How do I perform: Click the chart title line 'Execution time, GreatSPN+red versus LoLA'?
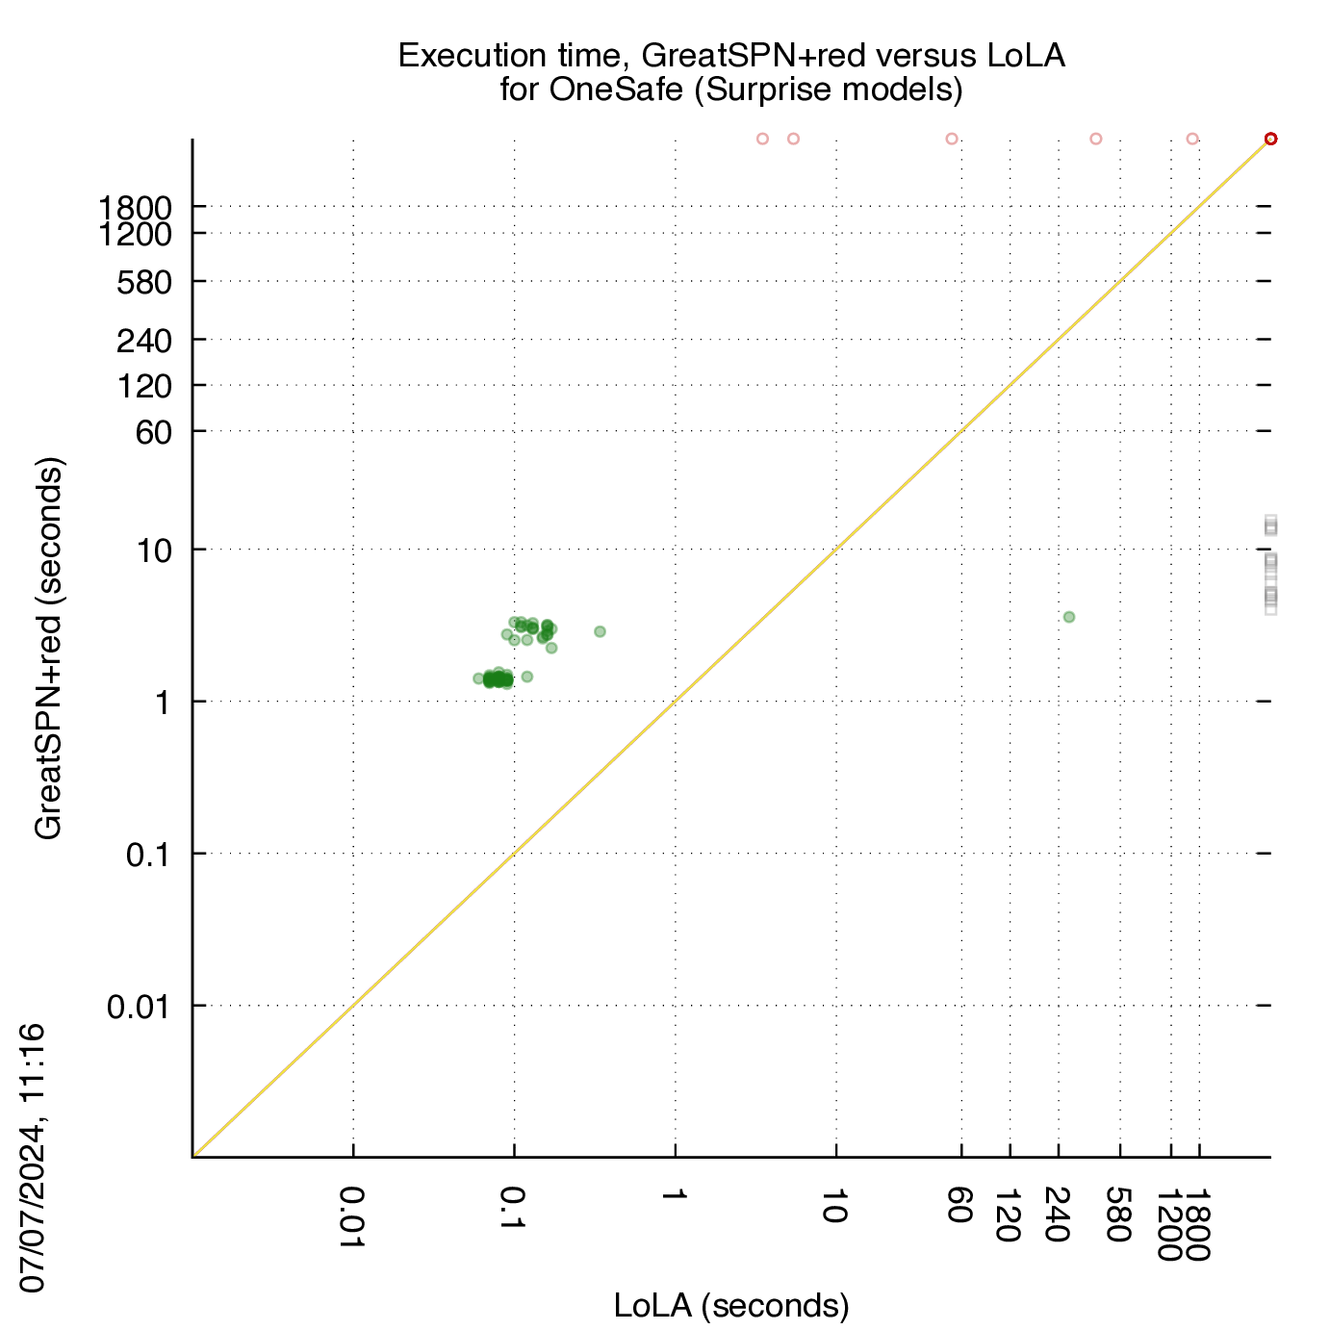[730, 56]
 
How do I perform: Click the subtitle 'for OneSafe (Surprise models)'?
[730, 90]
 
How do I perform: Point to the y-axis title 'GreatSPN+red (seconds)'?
[48, 648]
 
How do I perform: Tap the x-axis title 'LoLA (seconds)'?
[730, 1305]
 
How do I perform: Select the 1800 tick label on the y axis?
[136, 207]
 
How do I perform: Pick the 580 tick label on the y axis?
[144, 282]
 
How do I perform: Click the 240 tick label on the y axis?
[144, 341]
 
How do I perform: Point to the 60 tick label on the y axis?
[153, 432]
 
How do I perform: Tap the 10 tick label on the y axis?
[154, 550]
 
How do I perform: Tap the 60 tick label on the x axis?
[960, 1204]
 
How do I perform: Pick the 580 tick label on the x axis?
[1118, 1214]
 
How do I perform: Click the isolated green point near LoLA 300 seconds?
[1068, 616]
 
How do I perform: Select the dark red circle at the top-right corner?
[1270, 139]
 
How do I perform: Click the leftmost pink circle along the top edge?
[762, 139]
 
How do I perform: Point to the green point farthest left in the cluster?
[478, 678]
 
